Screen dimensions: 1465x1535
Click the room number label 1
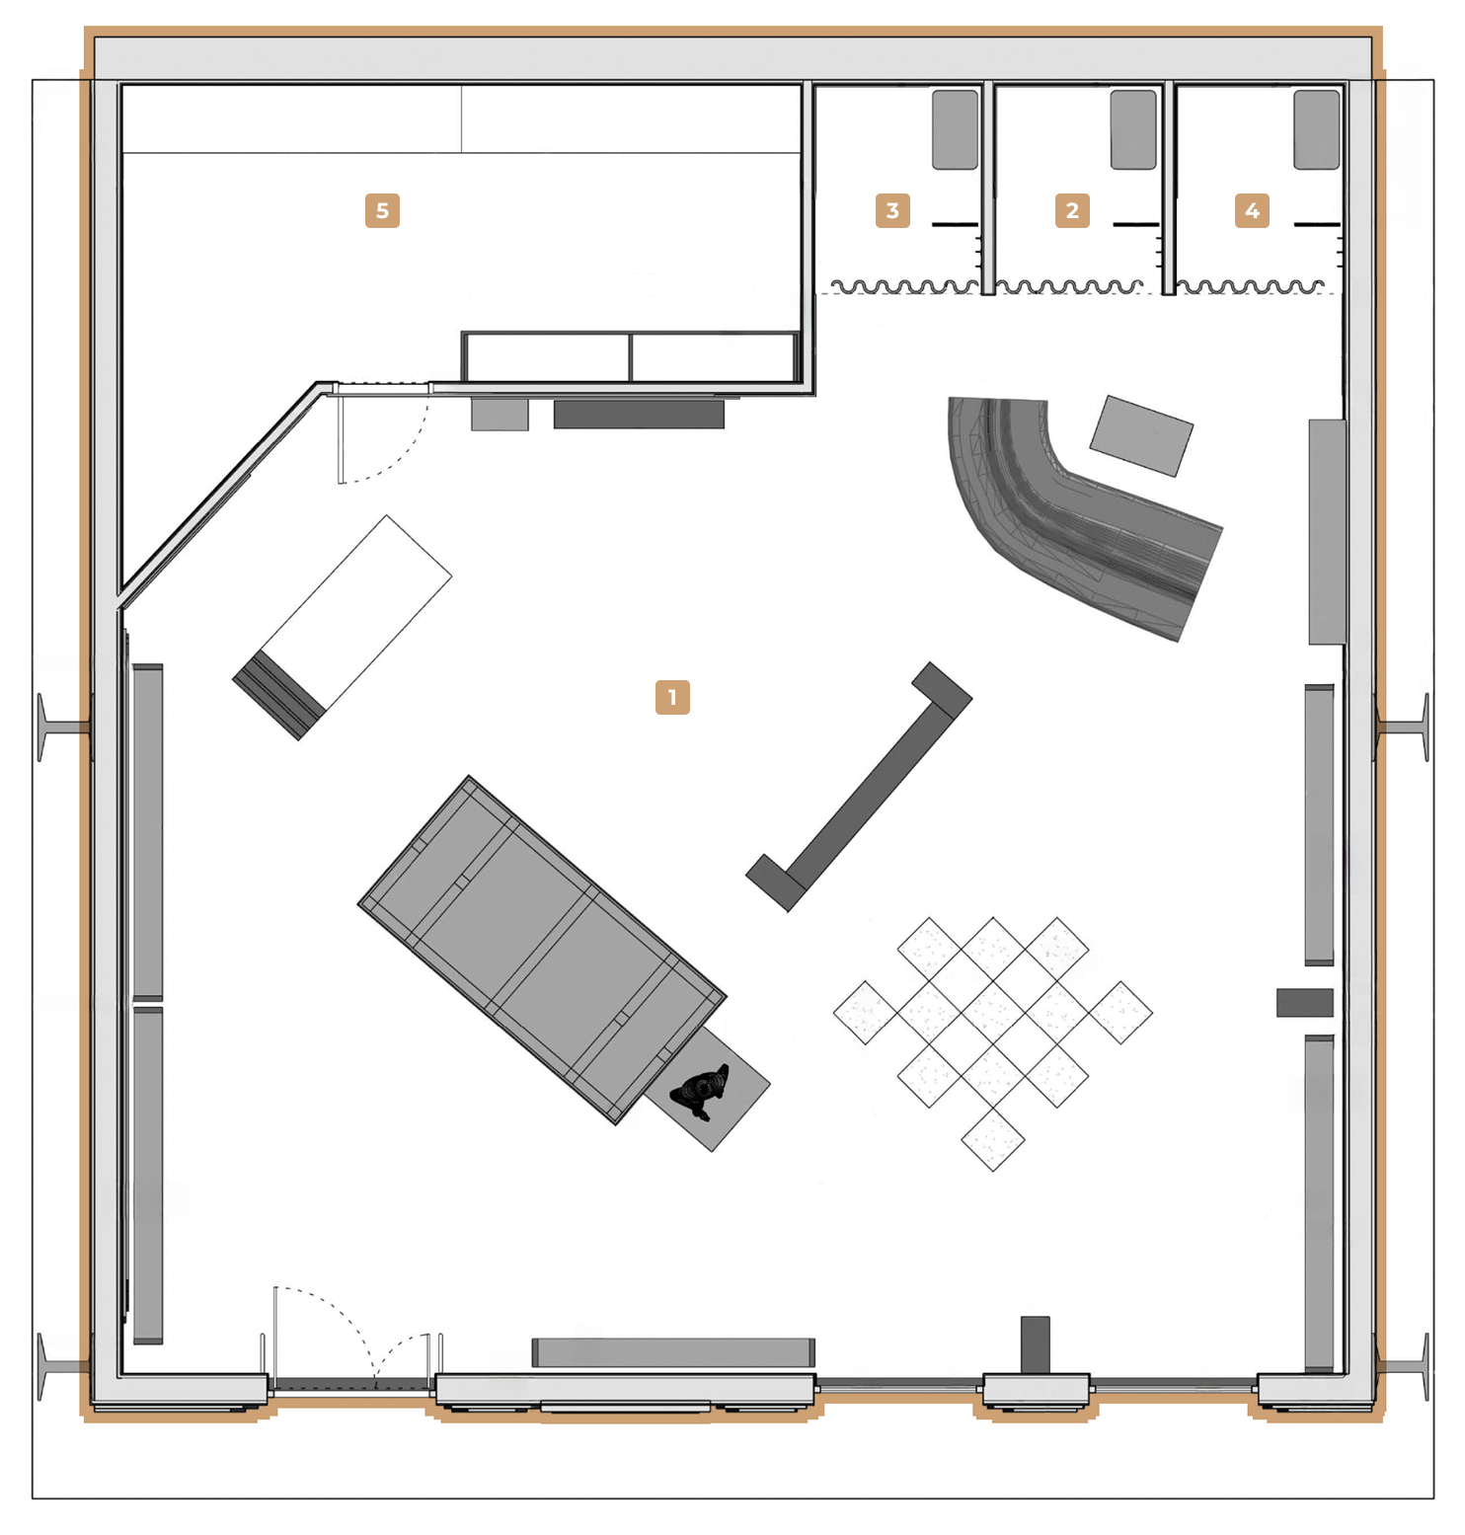coord(672,697)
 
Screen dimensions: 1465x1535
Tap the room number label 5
coord(382,210)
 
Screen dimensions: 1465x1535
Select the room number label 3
coord(892,210)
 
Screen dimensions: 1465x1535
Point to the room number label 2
coord(1072,210)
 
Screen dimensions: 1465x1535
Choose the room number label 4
coord(1252,210)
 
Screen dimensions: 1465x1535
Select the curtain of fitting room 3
coord(903,287)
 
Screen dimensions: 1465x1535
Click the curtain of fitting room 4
coord(1250,287)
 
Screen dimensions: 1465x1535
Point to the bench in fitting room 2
coord(1133,130)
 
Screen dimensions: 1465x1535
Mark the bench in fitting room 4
coord(1317,130)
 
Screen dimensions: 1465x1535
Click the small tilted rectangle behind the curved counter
coord(1141,435)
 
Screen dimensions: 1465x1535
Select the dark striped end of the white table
coord(279,695)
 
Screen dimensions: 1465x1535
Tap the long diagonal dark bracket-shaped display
coord(859,787)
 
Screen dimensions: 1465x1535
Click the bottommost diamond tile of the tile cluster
coord(993,1139)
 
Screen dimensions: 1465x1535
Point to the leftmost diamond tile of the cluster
coord(866,1012)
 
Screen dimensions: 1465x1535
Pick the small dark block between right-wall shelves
coord(1305,1003)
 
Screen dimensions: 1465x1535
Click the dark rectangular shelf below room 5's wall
coord(639,414)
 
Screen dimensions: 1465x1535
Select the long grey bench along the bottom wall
coord(673,1352)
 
